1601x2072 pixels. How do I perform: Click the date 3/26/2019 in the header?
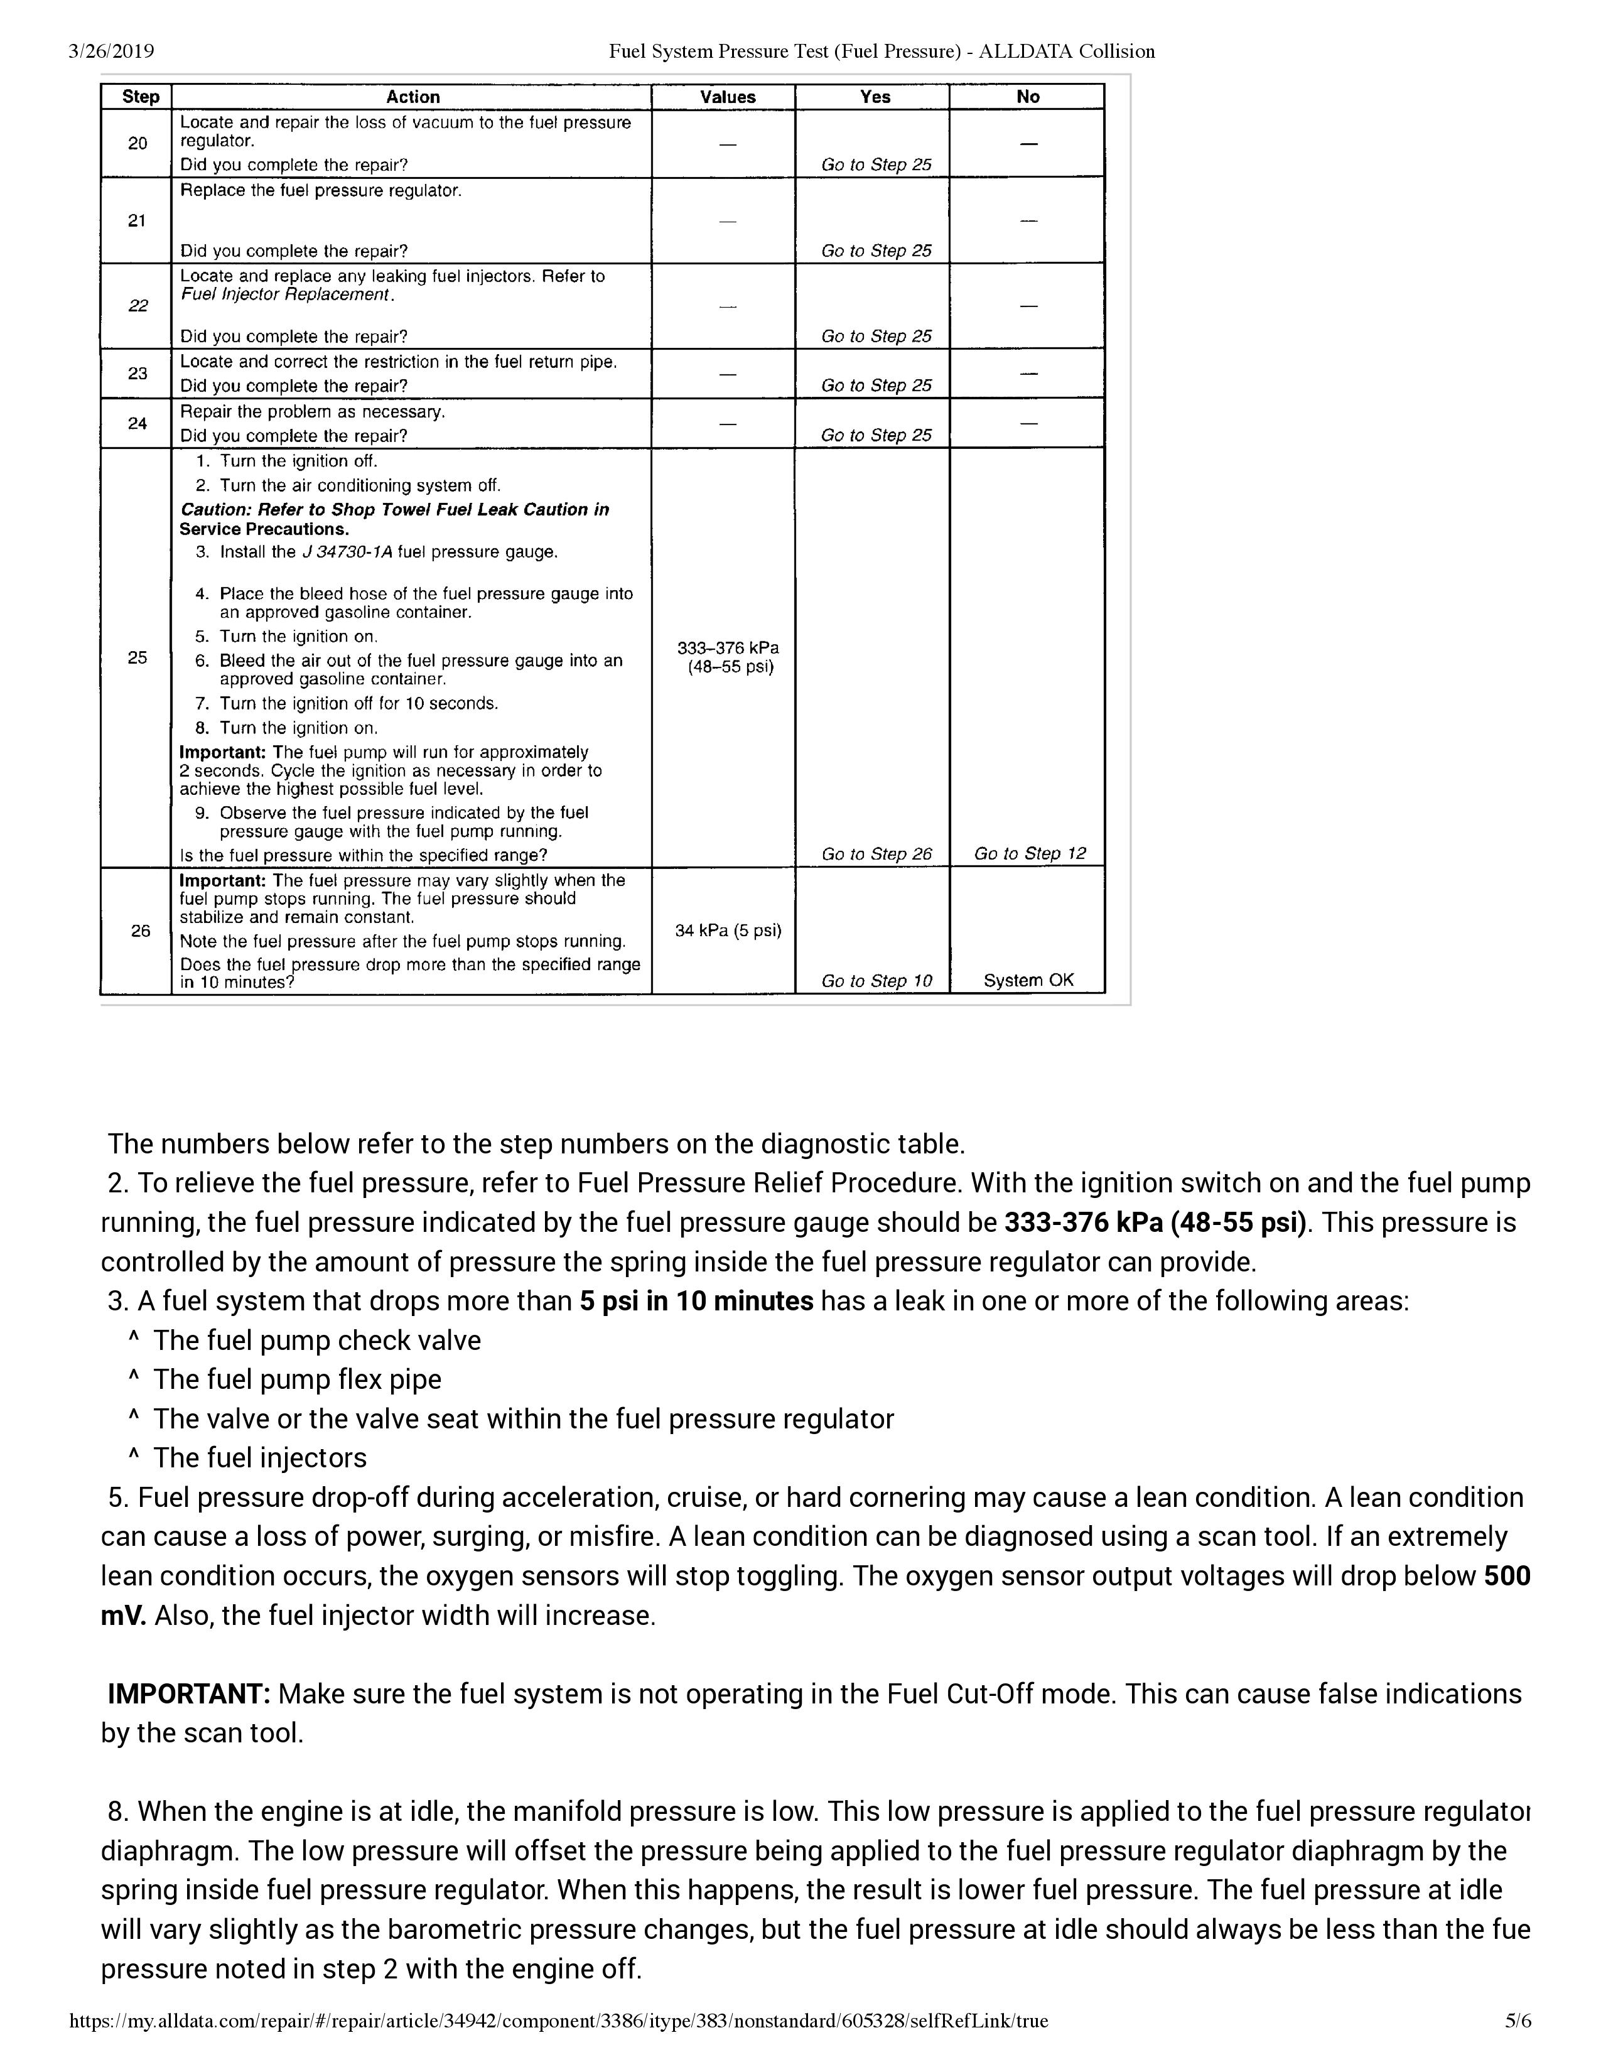111,51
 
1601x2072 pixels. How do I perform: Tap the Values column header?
728,97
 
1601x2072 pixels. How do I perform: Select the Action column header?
412,97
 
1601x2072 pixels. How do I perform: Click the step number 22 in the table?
137,306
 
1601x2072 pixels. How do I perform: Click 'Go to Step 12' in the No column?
1029,853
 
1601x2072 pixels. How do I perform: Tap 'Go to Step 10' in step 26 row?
876,981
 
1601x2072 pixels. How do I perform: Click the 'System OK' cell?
1028,980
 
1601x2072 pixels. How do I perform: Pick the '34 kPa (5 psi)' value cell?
728,931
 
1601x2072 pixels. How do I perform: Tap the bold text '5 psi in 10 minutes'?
696,1301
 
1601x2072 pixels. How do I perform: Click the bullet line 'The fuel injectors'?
260,1457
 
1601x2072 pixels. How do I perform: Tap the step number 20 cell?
137,143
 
